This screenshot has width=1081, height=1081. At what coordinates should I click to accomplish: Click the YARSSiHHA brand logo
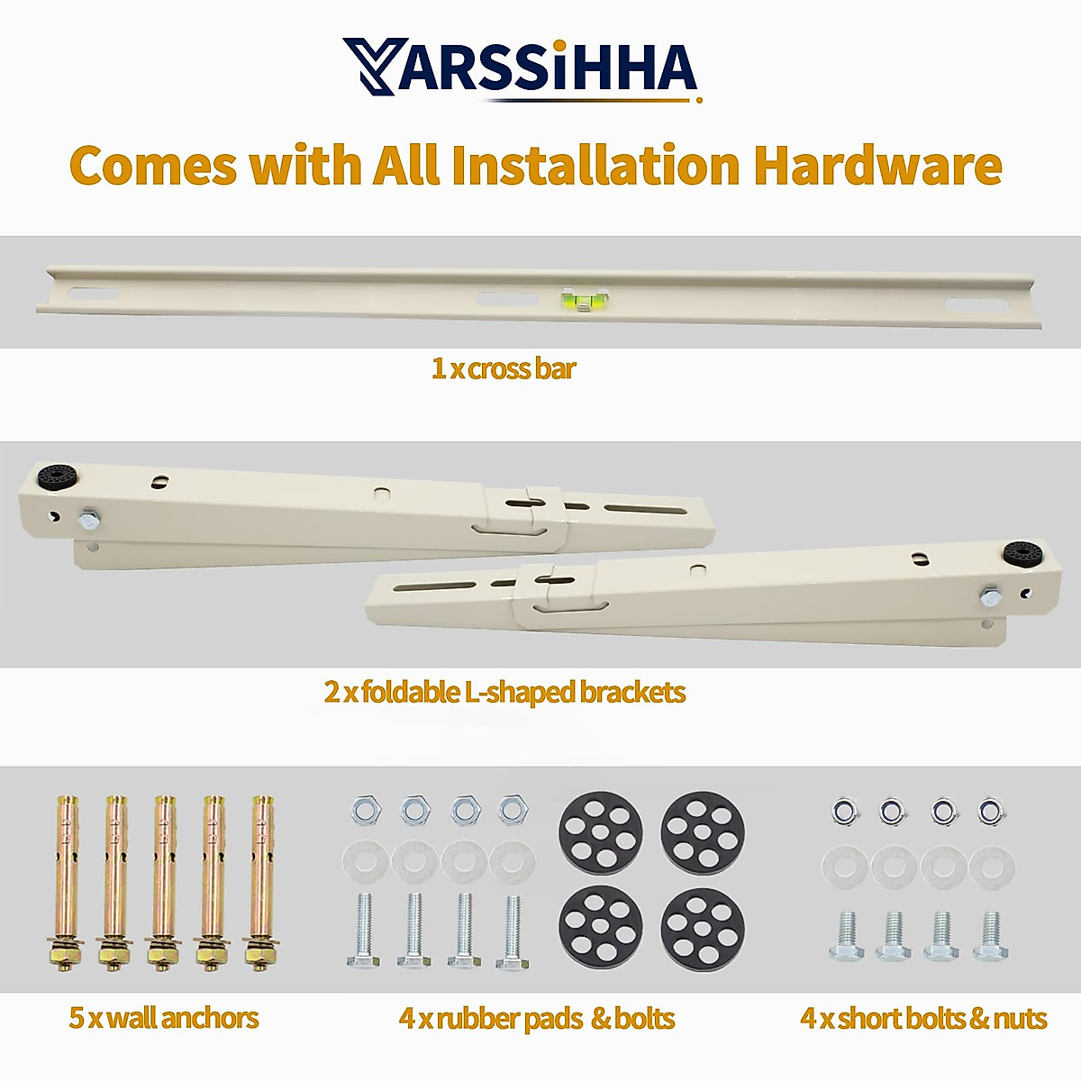520,68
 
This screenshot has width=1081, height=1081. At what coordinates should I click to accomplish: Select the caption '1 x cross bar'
503,368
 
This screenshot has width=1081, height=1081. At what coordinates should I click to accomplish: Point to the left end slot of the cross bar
94,295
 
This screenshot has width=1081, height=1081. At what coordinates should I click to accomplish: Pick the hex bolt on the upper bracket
90,518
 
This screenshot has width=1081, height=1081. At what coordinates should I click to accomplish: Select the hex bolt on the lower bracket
991,595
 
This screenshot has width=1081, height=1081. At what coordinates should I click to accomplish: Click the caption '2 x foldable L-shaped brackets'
504,692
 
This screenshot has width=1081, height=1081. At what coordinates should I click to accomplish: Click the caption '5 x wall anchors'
164,1018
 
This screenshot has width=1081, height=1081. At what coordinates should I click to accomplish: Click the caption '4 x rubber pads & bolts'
537,1018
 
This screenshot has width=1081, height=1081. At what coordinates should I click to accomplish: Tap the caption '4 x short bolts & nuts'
923,1018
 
